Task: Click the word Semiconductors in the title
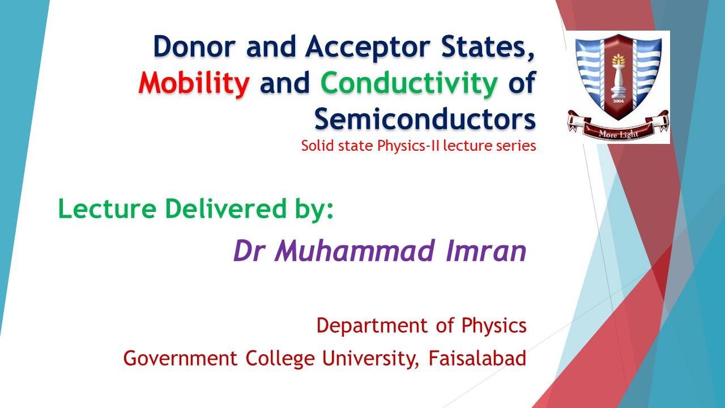point(425,120)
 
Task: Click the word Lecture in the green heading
point(106,210)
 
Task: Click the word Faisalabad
point(477,358)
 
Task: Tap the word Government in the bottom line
point(181,358)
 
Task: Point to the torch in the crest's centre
point(618,79)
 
